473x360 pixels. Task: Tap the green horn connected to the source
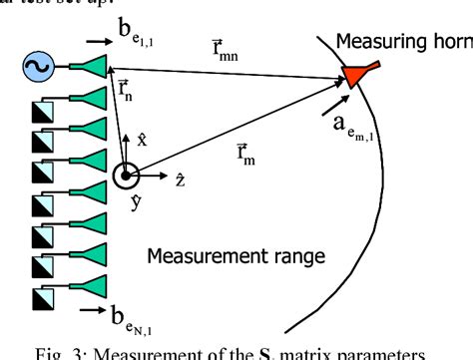(x=92, y=66)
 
